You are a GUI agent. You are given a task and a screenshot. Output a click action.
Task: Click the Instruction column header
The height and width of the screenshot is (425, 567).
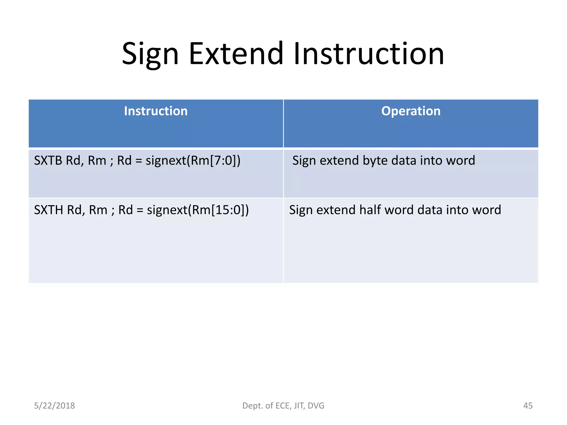point(156,111)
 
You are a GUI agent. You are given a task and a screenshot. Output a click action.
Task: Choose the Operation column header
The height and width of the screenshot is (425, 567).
point(411,111)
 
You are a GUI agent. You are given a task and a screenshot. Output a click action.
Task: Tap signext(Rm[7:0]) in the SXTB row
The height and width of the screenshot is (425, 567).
point(193,161)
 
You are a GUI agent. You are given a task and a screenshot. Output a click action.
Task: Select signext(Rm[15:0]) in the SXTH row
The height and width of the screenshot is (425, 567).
point(198,210)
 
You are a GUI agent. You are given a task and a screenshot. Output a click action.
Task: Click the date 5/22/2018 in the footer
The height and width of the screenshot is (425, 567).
point(55,406)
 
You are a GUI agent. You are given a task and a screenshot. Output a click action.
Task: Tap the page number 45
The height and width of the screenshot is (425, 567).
point(528,406)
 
